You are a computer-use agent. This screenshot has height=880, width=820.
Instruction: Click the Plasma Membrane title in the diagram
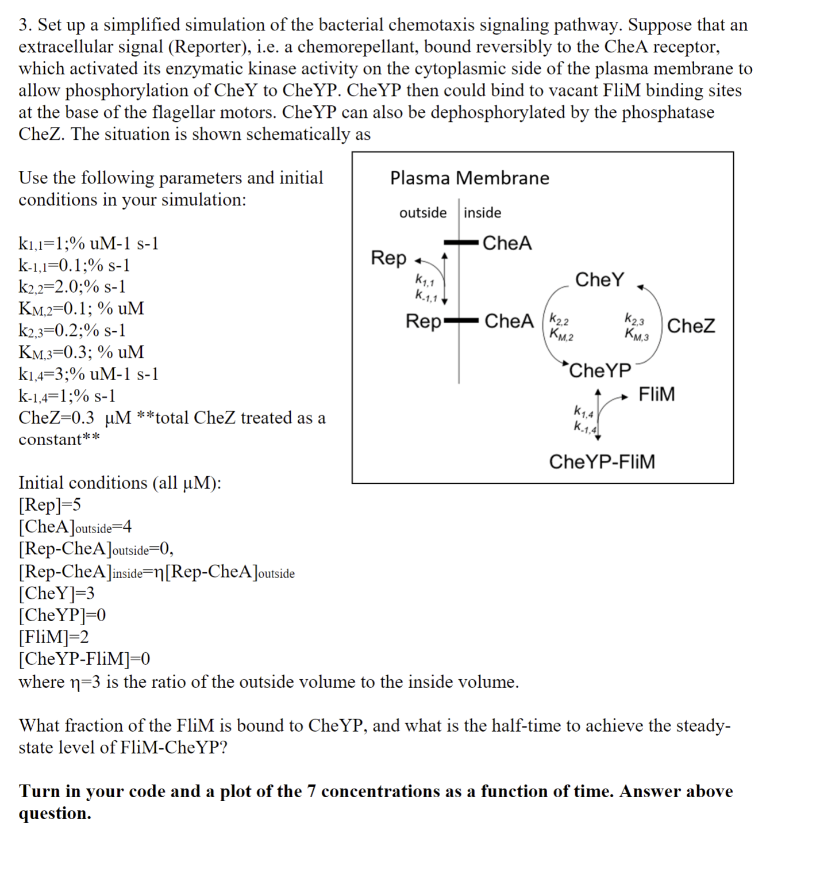coord(469,178)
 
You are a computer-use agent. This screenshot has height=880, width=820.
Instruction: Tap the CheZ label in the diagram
coord(691,326)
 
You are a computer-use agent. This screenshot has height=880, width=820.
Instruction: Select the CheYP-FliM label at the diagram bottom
coord(602,461)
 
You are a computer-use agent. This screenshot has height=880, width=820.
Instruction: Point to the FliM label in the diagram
coord(657,394)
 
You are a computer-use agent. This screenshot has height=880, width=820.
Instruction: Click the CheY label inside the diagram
coord(599,280)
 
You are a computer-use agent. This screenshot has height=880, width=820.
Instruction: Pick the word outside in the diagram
coord(423,213)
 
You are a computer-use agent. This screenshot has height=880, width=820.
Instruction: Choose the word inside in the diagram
coord(483,213)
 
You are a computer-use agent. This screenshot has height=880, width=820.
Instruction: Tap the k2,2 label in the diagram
coord(559,318)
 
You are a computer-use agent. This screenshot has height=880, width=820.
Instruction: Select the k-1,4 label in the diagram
coord(586,427)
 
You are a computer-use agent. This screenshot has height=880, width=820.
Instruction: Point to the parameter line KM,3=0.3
coord(81,352)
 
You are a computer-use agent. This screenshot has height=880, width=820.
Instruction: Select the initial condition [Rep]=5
coord(50,504)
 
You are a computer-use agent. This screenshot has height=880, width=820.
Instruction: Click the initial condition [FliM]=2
coord(53,637)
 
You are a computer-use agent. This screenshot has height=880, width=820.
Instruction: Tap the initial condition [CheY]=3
coord(56,593)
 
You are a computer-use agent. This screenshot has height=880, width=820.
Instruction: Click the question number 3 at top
coord(24,25)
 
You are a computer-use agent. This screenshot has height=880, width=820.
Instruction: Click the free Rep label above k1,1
coord(388,258)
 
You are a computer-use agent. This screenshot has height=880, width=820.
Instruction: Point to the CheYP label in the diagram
coord(600,370)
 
